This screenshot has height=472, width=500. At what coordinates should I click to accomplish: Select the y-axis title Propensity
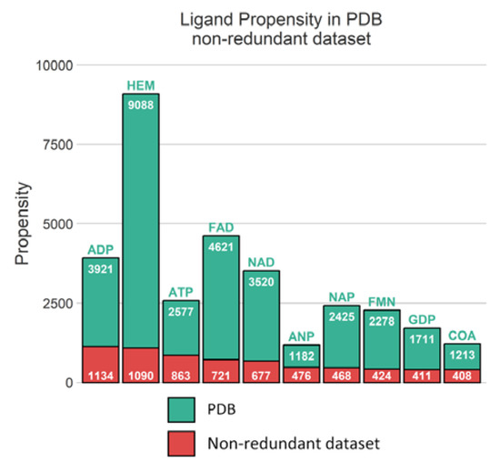pos(22,223)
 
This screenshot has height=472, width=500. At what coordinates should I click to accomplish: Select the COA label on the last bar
pos(461,336)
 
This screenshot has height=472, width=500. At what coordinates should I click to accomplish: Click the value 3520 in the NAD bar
pos(261,280)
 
